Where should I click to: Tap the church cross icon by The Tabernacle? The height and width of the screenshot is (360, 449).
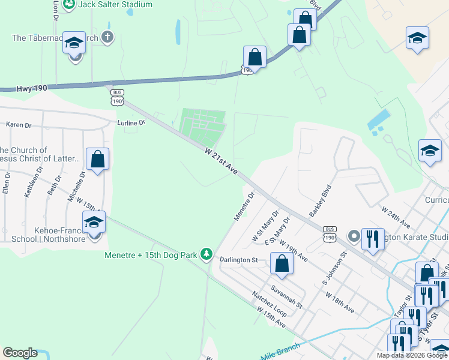point(107,38)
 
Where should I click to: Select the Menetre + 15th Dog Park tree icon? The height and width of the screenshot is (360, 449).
point(206,255)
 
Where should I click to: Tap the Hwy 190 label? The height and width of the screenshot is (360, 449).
point(31,88)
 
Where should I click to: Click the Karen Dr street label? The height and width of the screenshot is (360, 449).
point(19,125)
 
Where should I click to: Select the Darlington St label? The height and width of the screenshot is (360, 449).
point(238,260)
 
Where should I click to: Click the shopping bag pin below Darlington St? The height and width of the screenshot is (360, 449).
point(280,263)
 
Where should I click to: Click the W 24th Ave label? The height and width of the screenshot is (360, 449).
point(396,217)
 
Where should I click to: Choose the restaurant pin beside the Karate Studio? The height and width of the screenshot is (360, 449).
point(373,239)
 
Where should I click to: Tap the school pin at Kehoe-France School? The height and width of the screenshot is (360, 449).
point(94,223)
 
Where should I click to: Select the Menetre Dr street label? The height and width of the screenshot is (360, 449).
point(244,206)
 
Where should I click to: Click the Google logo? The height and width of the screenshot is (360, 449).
point(20,353)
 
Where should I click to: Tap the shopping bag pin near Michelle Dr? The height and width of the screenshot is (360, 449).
point(98,160)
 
